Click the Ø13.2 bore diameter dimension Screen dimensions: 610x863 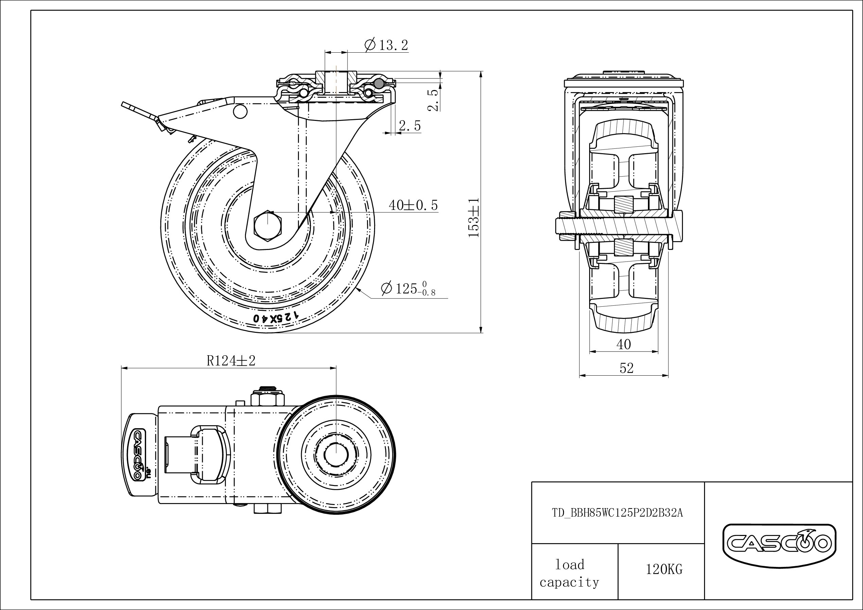[x=386, y=46]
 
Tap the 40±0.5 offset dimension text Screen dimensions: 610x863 [x=413, y=205]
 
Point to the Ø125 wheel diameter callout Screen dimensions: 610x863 [x=408, y=289]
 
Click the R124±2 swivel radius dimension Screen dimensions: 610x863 [x=231, y=361]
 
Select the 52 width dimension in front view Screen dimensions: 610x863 [x=626, y=368]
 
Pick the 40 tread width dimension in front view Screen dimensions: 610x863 [x=623, y=344]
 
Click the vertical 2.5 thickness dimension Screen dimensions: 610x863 [x=434, y=100]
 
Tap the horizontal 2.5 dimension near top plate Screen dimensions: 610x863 [x=410, y=126]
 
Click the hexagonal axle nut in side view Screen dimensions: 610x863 [x=268, y=226]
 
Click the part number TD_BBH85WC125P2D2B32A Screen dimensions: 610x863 [x=617, y=513]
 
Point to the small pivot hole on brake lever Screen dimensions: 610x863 [x=240, y=111]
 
